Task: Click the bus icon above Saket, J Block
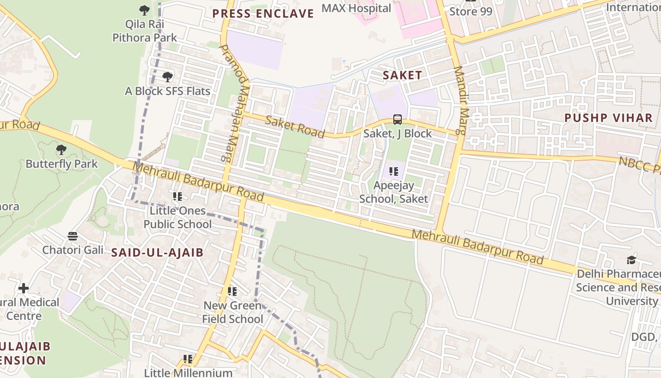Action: coord(398,120)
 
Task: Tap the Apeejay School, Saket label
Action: coord(393,192)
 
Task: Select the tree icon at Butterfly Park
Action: coord(61,150)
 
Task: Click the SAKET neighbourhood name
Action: coord(402,75)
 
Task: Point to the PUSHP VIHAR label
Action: coord(608,118)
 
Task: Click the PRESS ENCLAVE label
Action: coord(263,13)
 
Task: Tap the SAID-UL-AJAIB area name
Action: coord(157,252)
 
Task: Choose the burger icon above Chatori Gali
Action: coord(73,235)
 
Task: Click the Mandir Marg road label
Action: coord(460,100)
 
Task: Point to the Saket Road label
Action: coord(295,126)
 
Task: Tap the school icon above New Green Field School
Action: coord(232,292)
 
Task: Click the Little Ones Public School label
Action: coord(178,217)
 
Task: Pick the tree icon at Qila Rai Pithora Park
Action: coord(144,9)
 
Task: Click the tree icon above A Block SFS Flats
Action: coord(167,77)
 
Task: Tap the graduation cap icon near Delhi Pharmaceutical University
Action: coord(631,260)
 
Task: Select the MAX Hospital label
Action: coord(356,8)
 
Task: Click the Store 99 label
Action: coord(470,11)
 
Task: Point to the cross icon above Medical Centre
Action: coord(24,288)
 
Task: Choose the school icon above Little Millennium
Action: coord(188,359)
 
